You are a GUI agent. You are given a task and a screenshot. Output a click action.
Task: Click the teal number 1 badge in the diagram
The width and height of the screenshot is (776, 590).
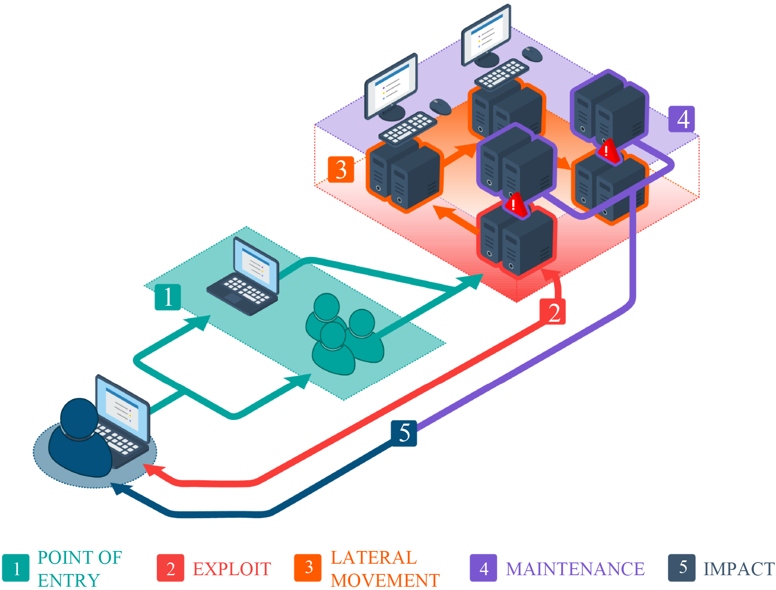(x=168, y=297)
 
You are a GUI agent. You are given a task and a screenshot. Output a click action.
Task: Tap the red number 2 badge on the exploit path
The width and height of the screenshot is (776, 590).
(x=553, y=312)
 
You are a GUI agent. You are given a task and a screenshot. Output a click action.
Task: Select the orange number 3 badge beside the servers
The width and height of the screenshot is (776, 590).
(x=341, y=169)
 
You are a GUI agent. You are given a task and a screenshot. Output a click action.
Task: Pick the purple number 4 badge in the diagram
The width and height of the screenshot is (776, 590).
(x=682, y=119)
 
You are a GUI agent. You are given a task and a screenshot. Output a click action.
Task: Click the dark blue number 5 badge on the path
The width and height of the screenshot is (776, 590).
(x=404, y=433)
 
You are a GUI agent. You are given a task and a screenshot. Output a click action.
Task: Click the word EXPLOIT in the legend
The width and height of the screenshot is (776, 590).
(x=232, y=569)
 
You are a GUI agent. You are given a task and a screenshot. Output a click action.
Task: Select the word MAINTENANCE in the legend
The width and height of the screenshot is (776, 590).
(x=575, y=569)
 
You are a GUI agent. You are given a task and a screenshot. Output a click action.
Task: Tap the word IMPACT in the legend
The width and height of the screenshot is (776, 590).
(x=739, y=569)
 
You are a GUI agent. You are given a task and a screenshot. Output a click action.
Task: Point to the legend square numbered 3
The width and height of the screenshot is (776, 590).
(x=308, y=568)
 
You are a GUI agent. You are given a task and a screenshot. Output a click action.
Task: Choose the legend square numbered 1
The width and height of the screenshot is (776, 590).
(x=16, y=568)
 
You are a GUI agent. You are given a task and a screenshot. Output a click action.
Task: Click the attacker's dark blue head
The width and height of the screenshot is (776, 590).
(x=79, y=418)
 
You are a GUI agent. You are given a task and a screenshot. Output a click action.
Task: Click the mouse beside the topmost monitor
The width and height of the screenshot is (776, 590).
(x=532, y=54)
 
